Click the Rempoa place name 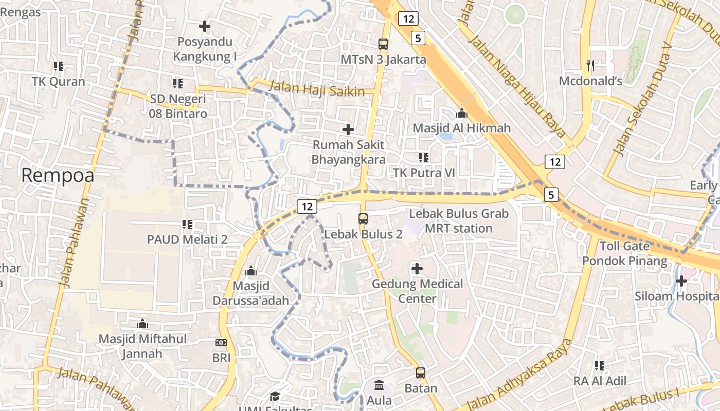[x=58, y=176]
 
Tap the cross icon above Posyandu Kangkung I [x=205, y=26]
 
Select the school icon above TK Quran [x=58, y=66]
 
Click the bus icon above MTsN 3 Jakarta [x=383, y=44]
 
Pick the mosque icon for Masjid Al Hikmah [x=462, y=113]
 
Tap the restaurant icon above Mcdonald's [x=590, y=65]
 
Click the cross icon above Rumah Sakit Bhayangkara [x=348, y=129]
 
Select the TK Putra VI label [x=424, y=173]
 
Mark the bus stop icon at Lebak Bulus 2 [x=363, y=219]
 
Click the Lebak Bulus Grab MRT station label [x=459, y=221]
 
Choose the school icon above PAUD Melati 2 [x=187, y=224]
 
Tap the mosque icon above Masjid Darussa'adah [x=251, y=270]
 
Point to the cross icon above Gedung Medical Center [x=417, y=268]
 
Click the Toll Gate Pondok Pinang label [x=624, y=253]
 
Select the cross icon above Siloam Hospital [x=681, y=281]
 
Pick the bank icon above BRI [x=221, y=343]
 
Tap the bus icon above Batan [x=421, y=373]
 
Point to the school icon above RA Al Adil [x=600, y=366]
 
